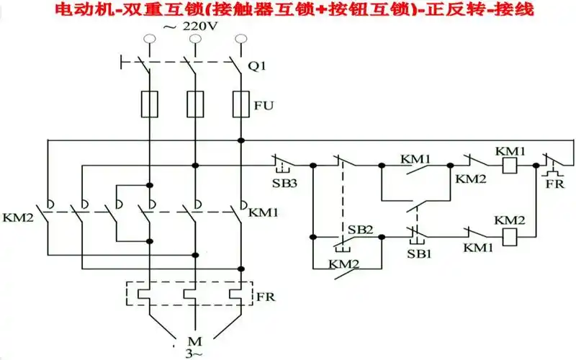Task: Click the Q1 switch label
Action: point(256,66)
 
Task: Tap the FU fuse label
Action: point(264,105)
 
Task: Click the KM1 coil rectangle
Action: point(510,165)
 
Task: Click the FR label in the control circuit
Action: point(553,184)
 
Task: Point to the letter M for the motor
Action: point(192,341)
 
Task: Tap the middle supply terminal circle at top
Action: point(194,42)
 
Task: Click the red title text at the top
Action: point(288,10)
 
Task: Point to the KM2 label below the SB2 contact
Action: point(343,264)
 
